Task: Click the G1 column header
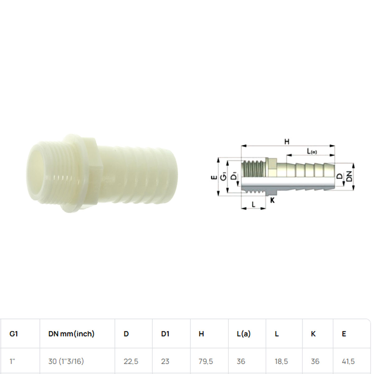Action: click(14, 334)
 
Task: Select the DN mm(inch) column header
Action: click(71, 334)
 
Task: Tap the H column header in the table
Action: click(201, 334)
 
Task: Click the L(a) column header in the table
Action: click(244, 334)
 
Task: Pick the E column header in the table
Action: click(344, 334)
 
